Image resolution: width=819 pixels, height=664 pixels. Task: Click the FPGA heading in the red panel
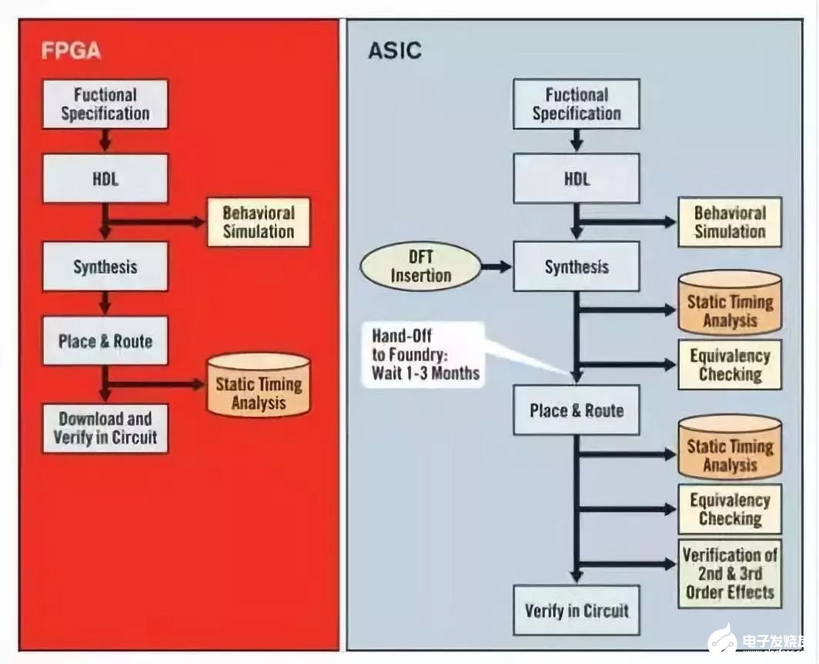[71, 51]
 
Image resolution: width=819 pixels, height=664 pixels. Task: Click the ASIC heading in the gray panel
[394, 51]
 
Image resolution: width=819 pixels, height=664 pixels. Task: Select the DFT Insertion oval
[420, 267]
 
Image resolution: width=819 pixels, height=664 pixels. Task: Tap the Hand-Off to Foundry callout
[424, 354]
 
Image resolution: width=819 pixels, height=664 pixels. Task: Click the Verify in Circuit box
[576, 611]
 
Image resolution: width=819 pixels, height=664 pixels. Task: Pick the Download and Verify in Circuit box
[105, 428]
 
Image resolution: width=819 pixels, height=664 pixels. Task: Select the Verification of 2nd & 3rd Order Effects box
[730, 574]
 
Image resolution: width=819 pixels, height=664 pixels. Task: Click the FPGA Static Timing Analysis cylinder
[259, 385]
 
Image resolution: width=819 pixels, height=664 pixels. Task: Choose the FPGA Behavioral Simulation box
[259, 222]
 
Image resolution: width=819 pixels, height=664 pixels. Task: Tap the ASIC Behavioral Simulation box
[730, 222]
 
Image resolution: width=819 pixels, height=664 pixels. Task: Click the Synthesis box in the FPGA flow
[105, 267]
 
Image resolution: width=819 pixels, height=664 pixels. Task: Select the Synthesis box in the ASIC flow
[576, 267]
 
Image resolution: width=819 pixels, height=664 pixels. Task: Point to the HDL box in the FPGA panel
[105, 179]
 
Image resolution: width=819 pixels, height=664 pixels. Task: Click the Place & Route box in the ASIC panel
[576, 411]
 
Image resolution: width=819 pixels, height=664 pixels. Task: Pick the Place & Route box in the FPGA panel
[105, 341]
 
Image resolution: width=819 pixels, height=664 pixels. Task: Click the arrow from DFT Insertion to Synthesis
[496, 267]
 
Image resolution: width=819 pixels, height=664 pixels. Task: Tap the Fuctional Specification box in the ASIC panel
[576, 104]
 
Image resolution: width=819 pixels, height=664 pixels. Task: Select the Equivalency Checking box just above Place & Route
[730, 364]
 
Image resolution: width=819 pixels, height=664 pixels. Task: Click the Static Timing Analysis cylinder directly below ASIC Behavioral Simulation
[730, 302]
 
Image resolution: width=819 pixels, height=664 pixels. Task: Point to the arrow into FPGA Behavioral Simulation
[154, 222]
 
